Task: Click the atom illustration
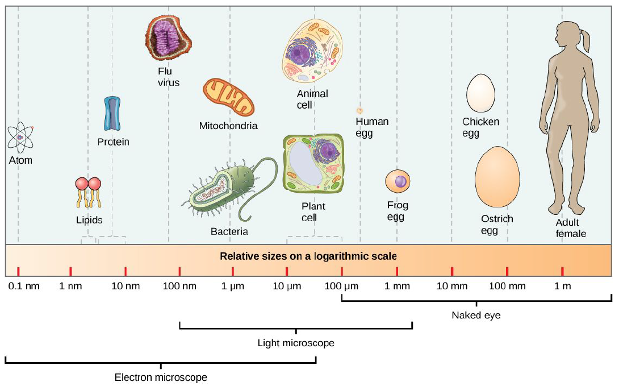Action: [20, 137]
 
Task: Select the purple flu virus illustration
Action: [168, 38]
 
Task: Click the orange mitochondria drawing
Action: [228, 97]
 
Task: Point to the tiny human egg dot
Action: [359, 110]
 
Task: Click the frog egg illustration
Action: [398, 182]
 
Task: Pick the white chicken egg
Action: [480, 94]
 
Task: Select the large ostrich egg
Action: [497, 178]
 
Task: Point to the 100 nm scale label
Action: [179, 285]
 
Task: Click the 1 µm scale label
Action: [232, 285]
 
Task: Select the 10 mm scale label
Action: [451, 285]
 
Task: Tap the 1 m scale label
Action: [562, 285]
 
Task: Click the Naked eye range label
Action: [476, 314]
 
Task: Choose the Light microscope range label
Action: [296, 343]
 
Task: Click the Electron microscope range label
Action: [161, 377]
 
